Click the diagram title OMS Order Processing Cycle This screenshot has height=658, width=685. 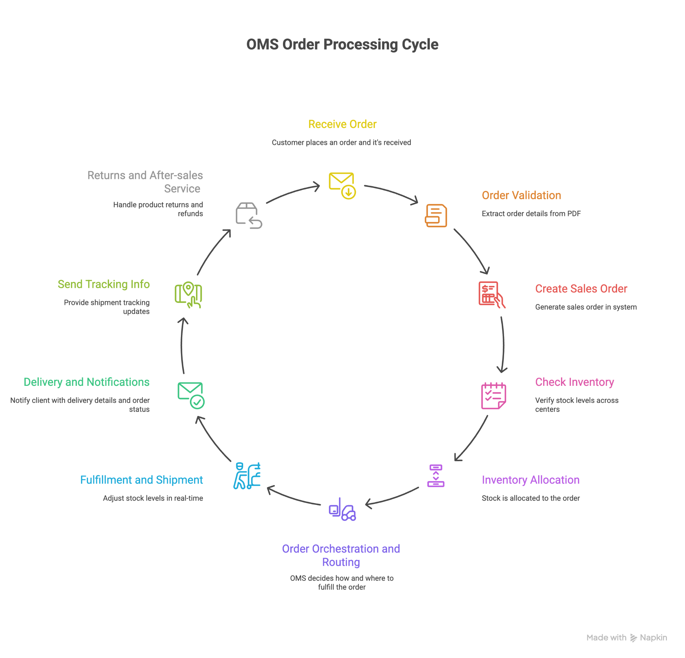342,44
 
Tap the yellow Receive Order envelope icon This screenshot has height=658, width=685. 342,185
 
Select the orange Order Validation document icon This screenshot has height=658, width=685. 436,216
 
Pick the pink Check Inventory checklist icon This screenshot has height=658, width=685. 493,396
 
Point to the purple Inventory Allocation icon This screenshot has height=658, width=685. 436,475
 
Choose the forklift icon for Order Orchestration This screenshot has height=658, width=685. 342,510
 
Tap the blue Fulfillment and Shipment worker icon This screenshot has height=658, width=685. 247,475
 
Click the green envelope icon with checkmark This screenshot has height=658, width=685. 191,396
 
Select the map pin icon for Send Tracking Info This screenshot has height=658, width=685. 188,295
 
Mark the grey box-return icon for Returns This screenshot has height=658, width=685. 249,216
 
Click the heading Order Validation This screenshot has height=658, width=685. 521,195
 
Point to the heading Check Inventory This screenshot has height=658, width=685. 574,382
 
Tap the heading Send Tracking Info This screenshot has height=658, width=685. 103,284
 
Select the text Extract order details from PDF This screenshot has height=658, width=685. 531,214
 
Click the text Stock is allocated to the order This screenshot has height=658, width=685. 530,498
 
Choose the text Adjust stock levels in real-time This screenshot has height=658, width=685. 153,498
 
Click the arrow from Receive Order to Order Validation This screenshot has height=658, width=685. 391,192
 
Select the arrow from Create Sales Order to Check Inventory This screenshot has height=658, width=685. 503,344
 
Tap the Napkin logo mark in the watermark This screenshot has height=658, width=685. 633,638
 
